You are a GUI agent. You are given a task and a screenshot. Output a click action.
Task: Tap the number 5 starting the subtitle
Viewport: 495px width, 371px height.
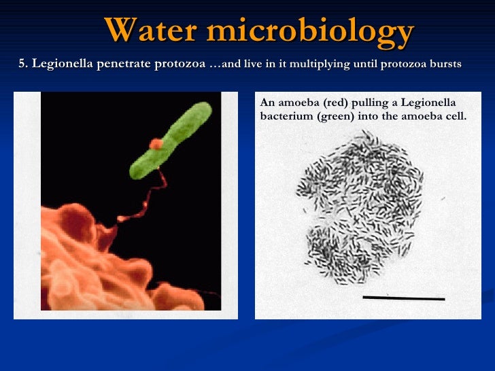[x=22, y=64]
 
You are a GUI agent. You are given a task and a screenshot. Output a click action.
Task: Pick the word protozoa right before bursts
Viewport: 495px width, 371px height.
[x=403, y=64]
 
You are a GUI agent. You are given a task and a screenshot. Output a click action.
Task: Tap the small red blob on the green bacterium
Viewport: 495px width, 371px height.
[x=156, y=144]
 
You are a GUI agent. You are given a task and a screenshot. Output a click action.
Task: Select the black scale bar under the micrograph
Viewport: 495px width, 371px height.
[x=403, y=298]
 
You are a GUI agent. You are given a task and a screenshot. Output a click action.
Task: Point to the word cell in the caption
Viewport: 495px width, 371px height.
[x=456, y=116]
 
